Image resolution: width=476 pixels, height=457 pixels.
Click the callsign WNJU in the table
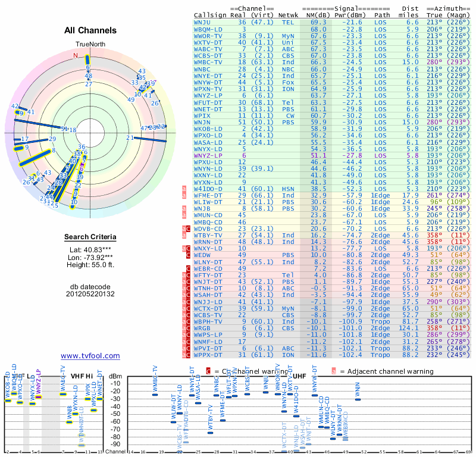pos(204,21)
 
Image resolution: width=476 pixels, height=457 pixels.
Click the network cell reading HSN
pos(288,188)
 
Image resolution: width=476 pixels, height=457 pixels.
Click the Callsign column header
pos(211,14)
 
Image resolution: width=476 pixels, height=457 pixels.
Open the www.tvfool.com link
pos(90,356)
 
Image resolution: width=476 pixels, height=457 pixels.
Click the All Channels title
pos(90,30)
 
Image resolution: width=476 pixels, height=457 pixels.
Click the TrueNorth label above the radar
pos(90,45)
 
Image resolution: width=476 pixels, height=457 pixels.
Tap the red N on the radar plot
pos(76,56)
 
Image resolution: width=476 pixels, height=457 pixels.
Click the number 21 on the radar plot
pos(130,138)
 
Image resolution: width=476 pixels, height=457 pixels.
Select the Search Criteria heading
pos(90,237)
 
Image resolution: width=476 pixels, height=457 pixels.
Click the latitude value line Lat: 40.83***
pos(90,250)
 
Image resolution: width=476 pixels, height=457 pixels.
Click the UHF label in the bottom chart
pos(300,376)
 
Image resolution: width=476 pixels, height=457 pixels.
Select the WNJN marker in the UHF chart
pos(358,399)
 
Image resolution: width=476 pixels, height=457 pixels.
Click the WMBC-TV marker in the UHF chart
pos(155,395)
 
